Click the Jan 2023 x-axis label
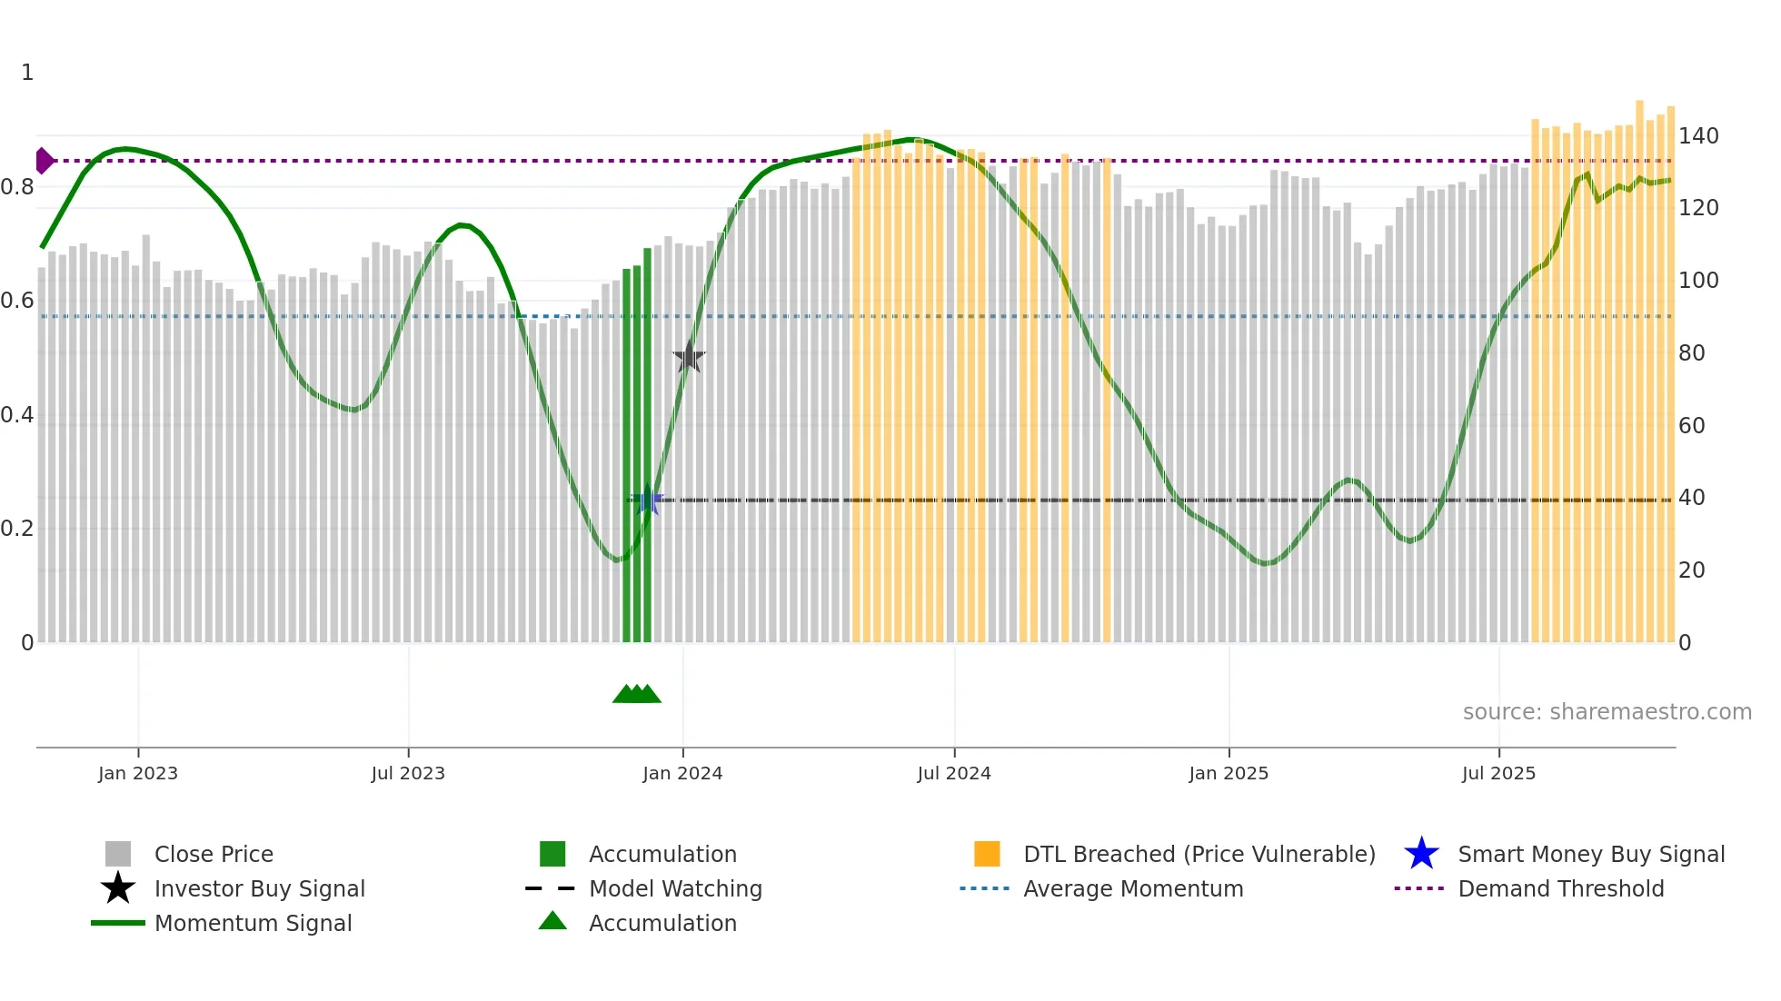point(138,773)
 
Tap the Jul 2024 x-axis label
point(954,773)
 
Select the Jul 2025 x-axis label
point(1498,773)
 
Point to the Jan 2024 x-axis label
point(682,773)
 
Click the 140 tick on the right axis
point(1698,136)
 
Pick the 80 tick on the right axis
point(1691,353)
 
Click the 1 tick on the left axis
point(27,73)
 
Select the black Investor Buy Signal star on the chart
point(689,358)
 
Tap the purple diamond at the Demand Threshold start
point(44,161)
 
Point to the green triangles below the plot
point(637,694)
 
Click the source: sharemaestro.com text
point(1607,712)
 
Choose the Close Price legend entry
point(214,854)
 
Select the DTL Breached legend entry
point(1199,854)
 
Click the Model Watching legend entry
point(675,888)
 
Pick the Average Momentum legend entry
point(1132,888)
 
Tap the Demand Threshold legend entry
point(1560,888)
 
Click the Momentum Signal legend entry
point(253,923)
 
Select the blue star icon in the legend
point(1421,854)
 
